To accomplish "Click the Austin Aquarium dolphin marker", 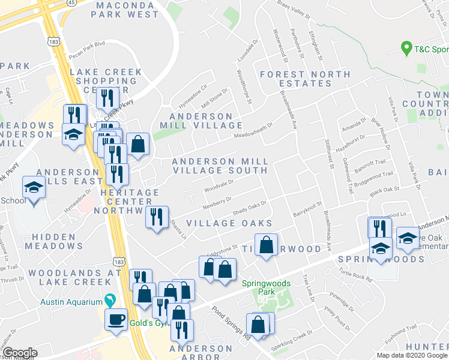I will (109, 299).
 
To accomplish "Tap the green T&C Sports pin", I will (406, 48).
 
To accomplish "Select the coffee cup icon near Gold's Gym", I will (116, 319).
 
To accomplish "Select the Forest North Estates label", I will (304, 79).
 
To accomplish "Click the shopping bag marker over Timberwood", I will (266, 245).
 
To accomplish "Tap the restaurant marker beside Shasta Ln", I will (157, 217).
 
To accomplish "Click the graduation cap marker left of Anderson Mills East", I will (34, 188).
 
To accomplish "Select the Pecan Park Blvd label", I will (87, 44).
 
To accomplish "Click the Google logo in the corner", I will (20, 353).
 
